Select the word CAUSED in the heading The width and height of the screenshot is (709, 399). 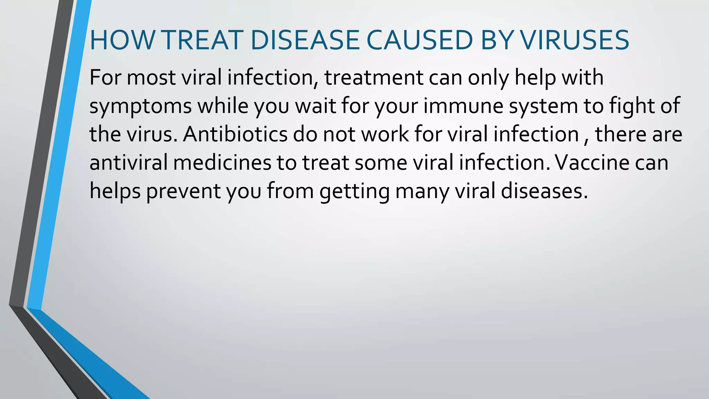coord(419,40)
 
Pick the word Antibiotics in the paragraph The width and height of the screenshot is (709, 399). coord(235,134)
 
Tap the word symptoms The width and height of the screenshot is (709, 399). coord(141,107)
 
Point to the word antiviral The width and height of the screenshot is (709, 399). coord(128,162)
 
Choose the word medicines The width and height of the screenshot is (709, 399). coord(222,162)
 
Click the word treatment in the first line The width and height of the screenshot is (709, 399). coord(374,78)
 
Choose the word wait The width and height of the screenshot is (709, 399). coord(315,106)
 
